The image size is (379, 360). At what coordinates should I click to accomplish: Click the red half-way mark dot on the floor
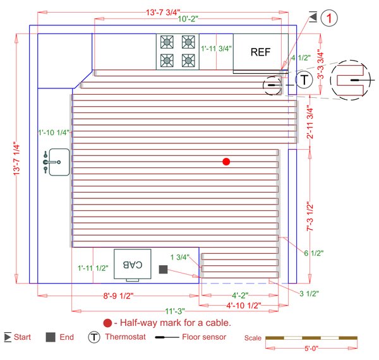pyautogui.click(x=226, y=162)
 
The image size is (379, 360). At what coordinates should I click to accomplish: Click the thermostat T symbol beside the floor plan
pyautogui.click(x=304, y=80)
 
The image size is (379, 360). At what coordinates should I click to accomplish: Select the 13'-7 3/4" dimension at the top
pyautogui.click(x=164, y=11)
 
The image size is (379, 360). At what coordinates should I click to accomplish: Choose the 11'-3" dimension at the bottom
pyautogui.click(x=175, y=311)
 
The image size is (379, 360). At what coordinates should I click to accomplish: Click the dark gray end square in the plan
pyautogui.click(x=162, y=270)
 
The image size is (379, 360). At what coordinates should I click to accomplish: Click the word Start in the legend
pyautogui.click(x=22, y=337)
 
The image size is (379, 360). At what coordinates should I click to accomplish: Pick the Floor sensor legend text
pyautogui.click(x=205, y=337)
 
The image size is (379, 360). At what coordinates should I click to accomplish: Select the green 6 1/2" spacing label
pyautogui.click(x=313, y=253)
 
